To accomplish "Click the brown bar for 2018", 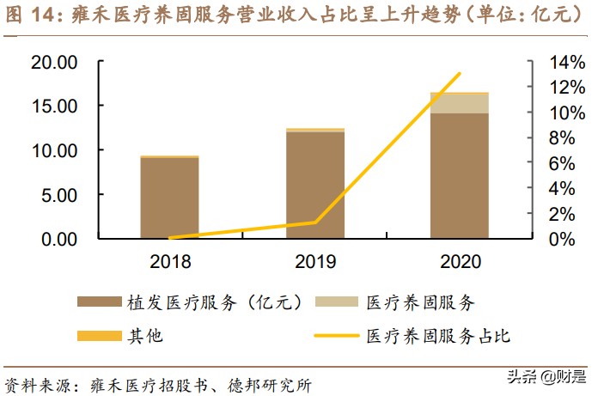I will pos(169,198).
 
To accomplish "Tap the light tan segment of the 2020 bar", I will pos(460,103).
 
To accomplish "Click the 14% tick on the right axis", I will pos(547,62).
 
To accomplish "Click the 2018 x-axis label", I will pos(169,261).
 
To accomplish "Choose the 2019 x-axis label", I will pos(314,261).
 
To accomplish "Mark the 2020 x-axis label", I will pos(460,261).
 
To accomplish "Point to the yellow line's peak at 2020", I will pos(460,74).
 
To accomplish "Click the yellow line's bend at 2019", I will pos(314,222).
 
